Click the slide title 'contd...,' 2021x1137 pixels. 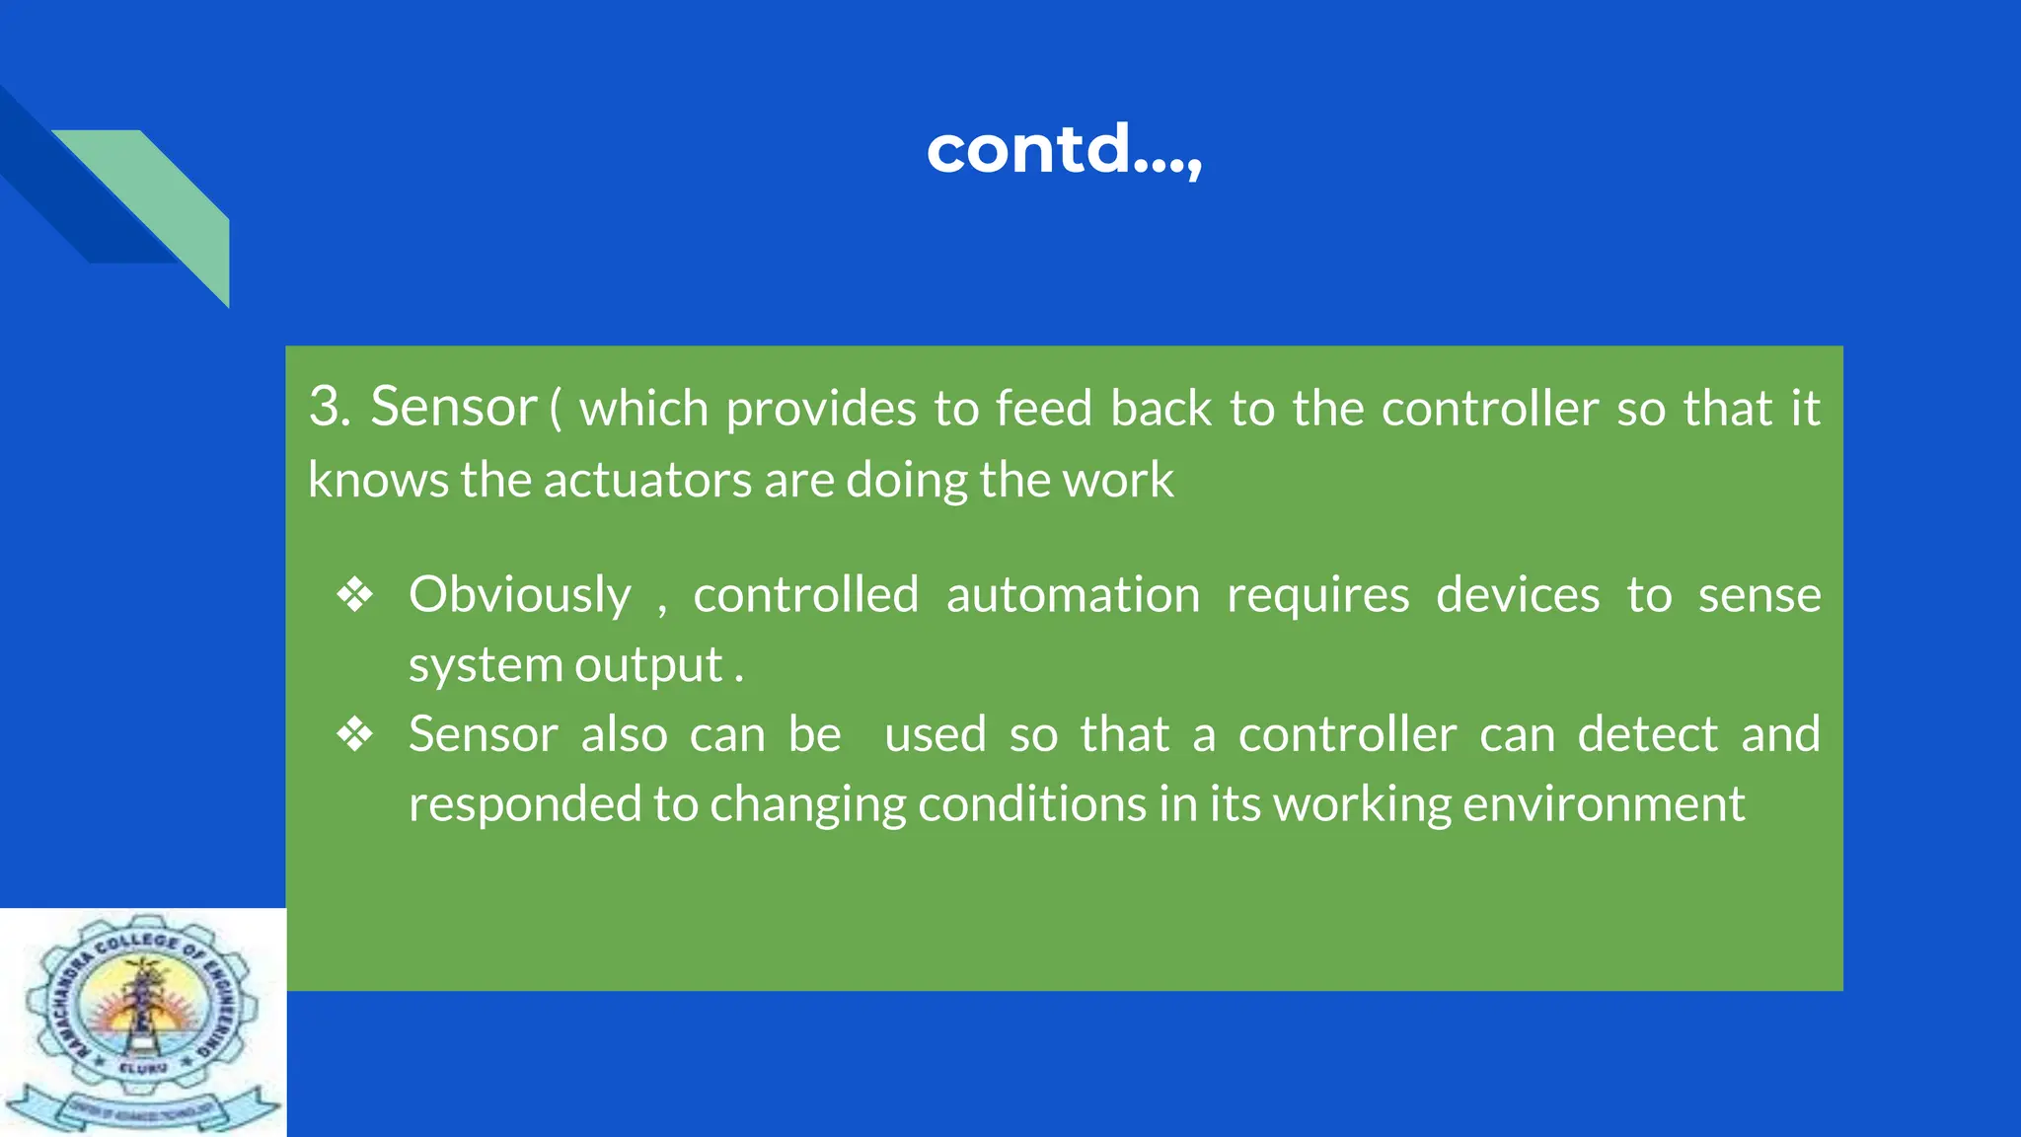(1064, 150)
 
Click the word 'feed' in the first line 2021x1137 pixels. (1043, 409)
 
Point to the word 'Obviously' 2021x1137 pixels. (520, 595)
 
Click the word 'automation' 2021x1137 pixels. (1073, 595)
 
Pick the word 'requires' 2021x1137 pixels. (1318, 595)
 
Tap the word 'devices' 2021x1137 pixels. (1518, 595)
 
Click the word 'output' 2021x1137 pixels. (648, 665)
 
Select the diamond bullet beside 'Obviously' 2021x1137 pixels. (355, 595)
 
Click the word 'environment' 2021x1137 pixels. (1604, 804)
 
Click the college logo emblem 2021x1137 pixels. (143, 1022)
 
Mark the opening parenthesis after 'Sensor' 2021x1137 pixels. (556, 409)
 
